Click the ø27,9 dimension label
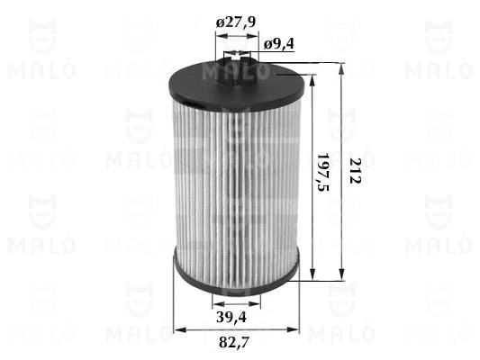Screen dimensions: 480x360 pos(235,22)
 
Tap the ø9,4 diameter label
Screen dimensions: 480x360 pos(278,44)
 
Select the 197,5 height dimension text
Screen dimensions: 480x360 pos(323,172)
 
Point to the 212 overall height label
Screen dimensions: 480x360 pos(355,171)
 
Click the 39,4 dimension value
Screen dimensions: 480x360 pos(231,317)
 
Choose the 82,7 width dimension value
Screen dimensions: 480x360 pos(234,342)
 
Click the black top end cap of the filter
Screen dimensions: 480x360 pos(237,84)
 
